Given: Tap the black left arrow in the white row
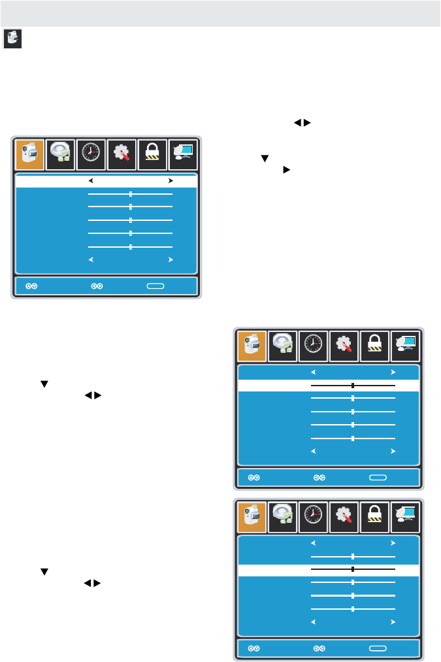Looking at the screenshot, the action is pos(91,180).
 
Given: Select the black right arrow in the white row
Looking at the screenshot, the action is pos(171,180).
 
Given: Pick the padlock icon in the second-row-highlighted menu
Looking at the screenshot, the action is pos(374,346).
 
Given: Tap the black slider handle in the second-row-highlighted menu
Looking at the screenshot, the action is pos(353,386).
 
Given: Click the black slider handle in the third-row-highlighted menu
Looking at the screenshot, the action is pos(353,569).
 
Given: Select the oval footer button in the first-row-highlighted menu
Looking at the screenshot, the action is pos(155,286).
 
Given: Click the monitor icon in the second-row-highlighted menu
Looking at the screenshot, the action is pos(405,346).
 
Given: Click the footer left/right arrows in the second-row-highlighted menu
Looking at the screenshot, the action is pos(319,478).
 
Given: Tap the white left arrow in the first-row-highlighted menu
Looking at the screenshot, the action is pos(91,259).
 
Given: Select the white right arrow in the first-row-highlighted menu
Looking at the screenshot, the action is pos(171,259).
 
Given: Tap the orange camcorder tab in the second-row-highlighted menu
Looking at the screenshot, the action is pos(252,346).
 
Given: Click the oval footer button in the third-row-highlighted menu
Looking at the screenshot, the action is pos(378,648).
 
